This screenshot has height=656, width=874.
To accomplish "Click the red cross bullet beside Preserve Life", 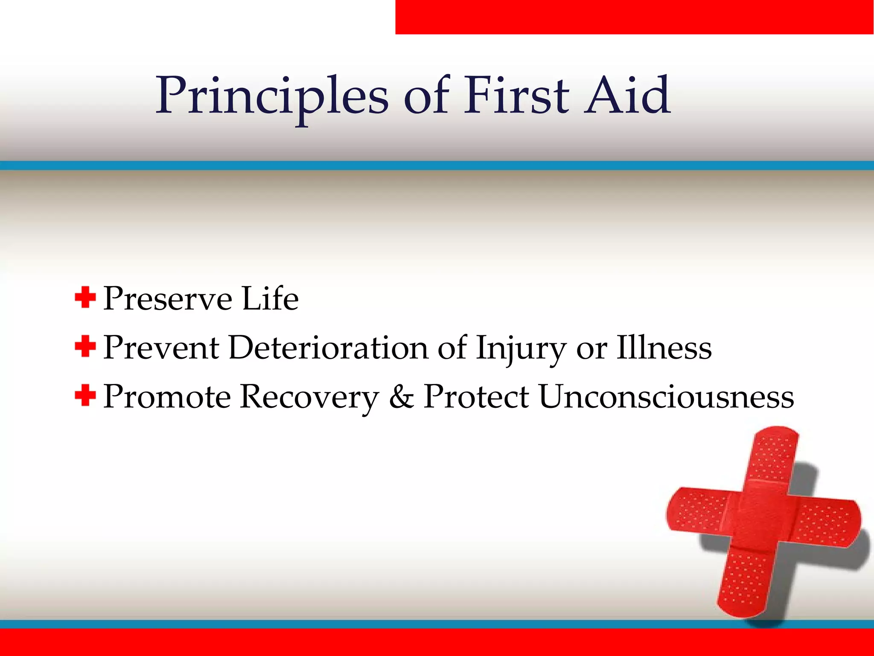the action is coord(85,297).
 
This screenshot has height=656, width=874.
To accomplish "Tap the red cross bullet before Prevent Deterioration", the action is coord(85,346).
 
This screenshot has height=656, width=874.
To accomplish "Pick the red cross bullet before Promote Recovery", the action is coord(85,395).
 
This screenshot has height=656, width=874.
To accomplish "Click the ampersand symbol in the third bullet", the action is coord(402,396).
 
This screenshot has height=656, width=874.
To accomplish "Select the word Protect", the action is coord(476,396).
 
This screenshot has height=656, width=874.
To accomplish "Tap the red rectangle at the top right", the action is coord(635,17).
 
